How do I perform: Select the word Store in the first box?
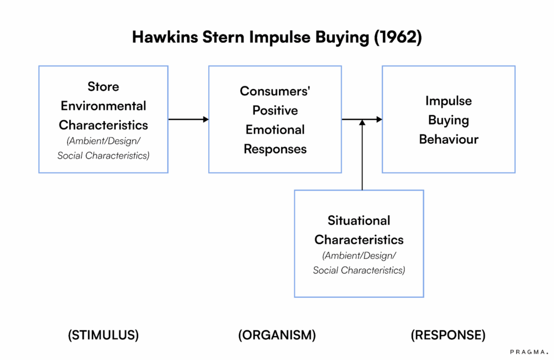click(103, 86)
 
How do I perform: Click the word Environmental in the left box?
click(103, 105)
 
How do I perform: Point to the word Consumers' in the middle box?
click(275, 91)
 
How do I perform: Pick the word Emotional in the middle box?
click(275, 130)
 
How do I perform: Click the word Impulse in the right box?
click(449, 101)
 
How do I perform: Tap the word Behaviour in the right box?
click(449, 139)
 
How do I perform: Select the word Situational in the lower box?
click(359, 221)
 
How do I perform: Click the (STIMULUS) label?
click(103, 335)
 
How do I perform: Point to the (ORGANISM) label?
click(277, 335)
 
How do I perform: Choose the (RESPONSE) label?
click(448, 335)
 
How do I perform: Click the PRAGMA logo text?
click(529, 351)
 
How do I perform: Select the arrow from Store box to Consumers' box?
click(188, 119)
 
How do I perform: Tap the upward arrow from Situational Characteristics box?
click(362, 157)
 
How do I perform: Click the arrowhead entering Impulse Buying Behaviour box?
click(379, 119)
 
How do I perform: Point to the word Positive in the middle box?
click(275, 110)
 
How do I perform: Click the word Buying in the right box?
click(449, 120)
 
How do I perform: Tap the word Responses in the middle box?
click(275, 149)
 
